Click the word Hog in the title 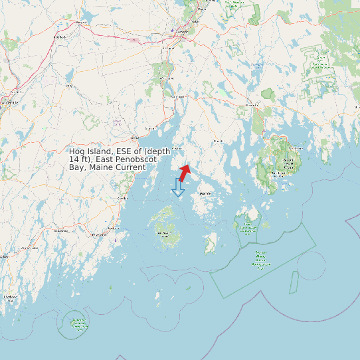coord(77,151)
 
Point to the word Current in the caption coord(131,167)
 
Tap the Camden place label coord(122,198)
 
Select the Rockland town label coord(99,235)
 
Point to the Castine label coord(177,148)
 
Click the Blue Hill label coord(218,141)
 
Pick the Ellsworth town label coord(251,105)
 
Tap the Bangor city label coord(180,31)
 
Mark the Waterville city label coord(9,104)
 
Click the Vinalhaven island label coord(164,234)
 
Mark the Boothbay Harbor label coord(9,297)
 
